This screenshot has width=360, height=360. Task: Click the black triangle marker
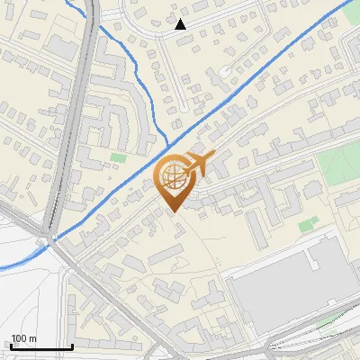coord(181,24)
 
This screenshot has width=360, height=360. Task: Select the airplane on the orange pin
coord(195,166)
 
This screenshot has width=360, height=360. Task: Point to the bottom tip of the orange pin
coord(175,212)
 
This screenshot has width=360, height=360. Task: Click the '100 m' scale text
coord(22,338)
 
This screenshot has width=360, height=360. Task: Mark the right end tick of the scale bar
coord(72,346)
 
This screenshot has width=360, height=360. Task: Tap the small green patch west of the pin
coord(118,157)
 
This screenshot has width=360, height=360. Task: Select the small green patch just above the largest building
coord(308,224)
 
